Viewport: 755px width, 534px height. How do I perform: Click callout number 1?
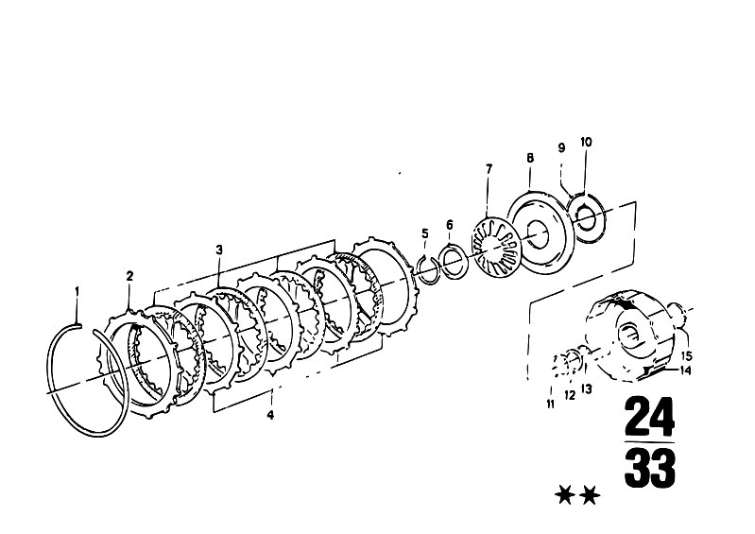77,292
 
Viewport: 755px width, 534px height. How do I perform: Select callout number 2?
129,276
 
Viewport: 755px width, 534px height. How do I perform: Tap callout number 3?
219,250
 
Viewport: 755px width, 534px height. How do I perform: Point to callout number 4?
270,415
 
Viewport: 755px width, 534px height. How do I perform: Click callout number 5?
424,234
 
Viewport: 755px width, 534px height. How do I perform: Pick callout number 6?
449,225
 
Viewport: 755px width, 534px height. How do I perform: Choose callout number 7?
489,169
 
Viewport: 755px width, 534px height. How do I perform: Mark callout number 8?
530,158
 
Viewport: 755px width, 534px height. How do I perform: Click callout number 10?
586,142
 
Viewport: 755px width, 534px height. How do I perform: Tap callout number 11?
550,405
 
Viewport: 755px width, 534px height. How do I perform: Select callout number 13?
586,388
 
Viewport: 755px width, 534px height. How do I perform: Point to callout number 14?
685,370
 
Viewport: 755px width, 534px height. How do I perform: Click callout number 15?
687,356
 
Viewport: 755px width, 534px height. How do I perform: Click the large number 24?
649,417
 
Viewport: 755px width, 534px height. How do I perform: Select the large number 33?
649,468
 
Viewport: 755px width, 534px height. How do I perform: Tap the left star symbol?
564,495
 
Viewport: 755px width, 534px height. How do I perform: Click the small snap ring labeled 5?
428,270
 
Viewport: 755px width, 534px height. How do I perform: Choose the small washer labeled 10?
586,219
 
